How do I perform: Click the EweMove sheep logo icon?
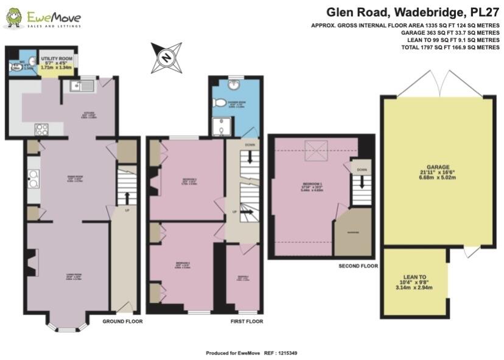[14, 18]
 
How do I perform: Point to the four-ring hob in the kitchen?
[42, 129]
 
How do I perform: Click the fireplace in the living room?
[33, 262]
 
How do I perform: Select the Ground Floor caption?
[122, 321]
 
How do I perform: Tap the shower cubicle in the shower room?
[219, 127]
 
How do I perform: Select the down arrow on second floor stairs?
[362, 181]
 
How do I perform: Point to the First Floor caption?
[247, 321]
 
